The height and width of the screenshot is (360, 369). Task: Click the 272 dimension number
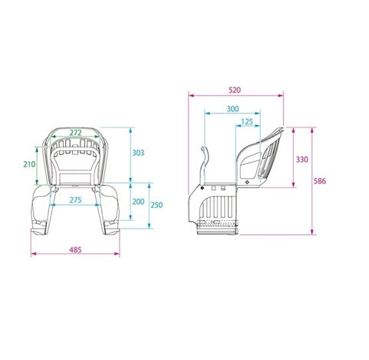tap(74, 133)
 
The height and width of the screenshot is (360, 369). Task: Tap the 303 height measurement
tap(137, 153)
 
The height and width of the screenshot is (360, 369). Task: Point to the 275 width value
tap(74, 200)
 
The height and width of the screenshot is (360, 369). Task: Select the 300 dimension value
tap(233, 109)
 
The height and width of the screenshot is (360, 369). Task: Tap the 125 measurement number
tap(246, 122)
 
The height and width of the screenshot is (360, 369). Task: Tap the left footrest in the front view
tap(38, 228)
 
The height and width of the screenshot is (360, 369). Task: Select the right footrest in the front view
tap(112, 228)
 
